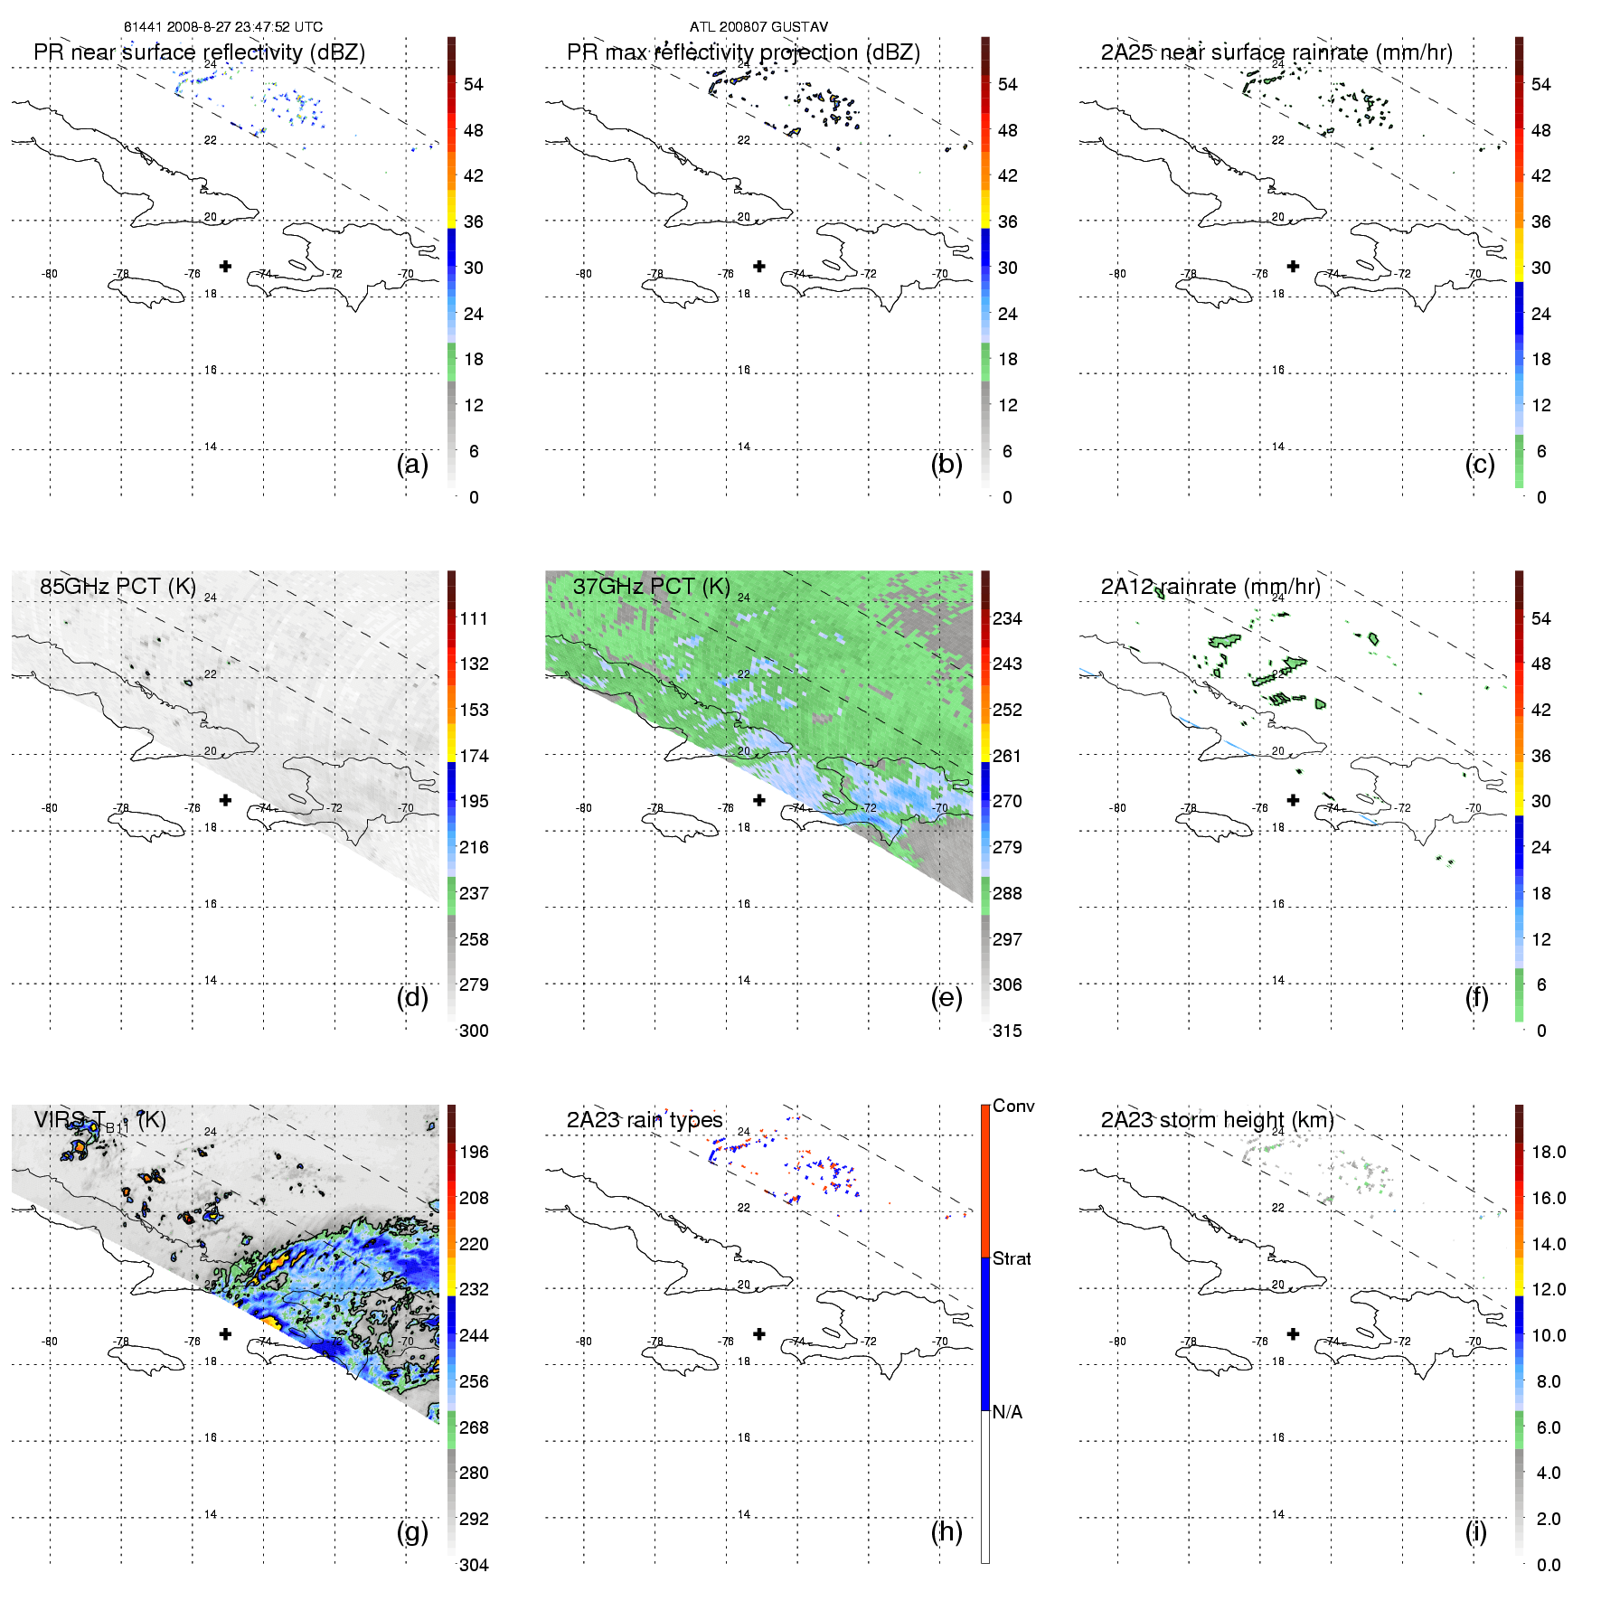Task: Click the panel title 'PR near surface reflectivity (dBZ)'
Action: coord(199,52)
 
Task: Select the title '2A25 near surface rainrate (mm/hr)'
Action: coord(1276,52)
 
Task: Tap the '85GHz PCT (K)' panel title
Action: coord(118,586)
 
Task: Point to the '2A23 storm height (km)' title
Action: coord(1217,1120)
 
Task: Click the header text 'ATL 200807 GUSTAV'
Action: coord(758,27)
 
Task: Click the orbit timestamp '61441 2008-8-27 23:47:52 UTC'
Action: coord(223,27)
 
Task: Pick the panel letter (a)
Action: coord(412,464)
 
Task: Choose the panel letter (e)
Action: coord(946,997)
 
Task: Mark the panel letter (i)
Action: coord(1475,1531)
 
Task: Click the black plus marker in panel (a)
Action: coord(225,266)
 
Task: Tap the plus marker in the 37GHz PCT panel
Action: coord(759,800)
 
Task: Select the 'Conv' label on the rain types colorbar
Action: coord(1013,1106)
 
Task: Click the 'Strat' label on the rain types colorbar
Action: coord(1012,1258)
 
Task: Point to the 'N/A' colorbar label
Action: coord(1007,1412)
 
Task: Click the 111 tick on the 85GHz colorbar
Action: coord(474,618)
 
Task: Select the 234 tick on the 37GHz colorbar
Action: coord(1007,618)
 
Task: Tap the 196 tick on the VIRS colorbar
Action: coord(474,1152)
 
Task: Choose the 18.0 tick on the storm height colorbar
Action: coord(1548,1152)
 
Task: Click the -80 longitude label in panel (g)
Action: coord(50,1342)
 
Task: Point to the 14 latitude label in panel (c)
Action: coord(1277,447)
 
